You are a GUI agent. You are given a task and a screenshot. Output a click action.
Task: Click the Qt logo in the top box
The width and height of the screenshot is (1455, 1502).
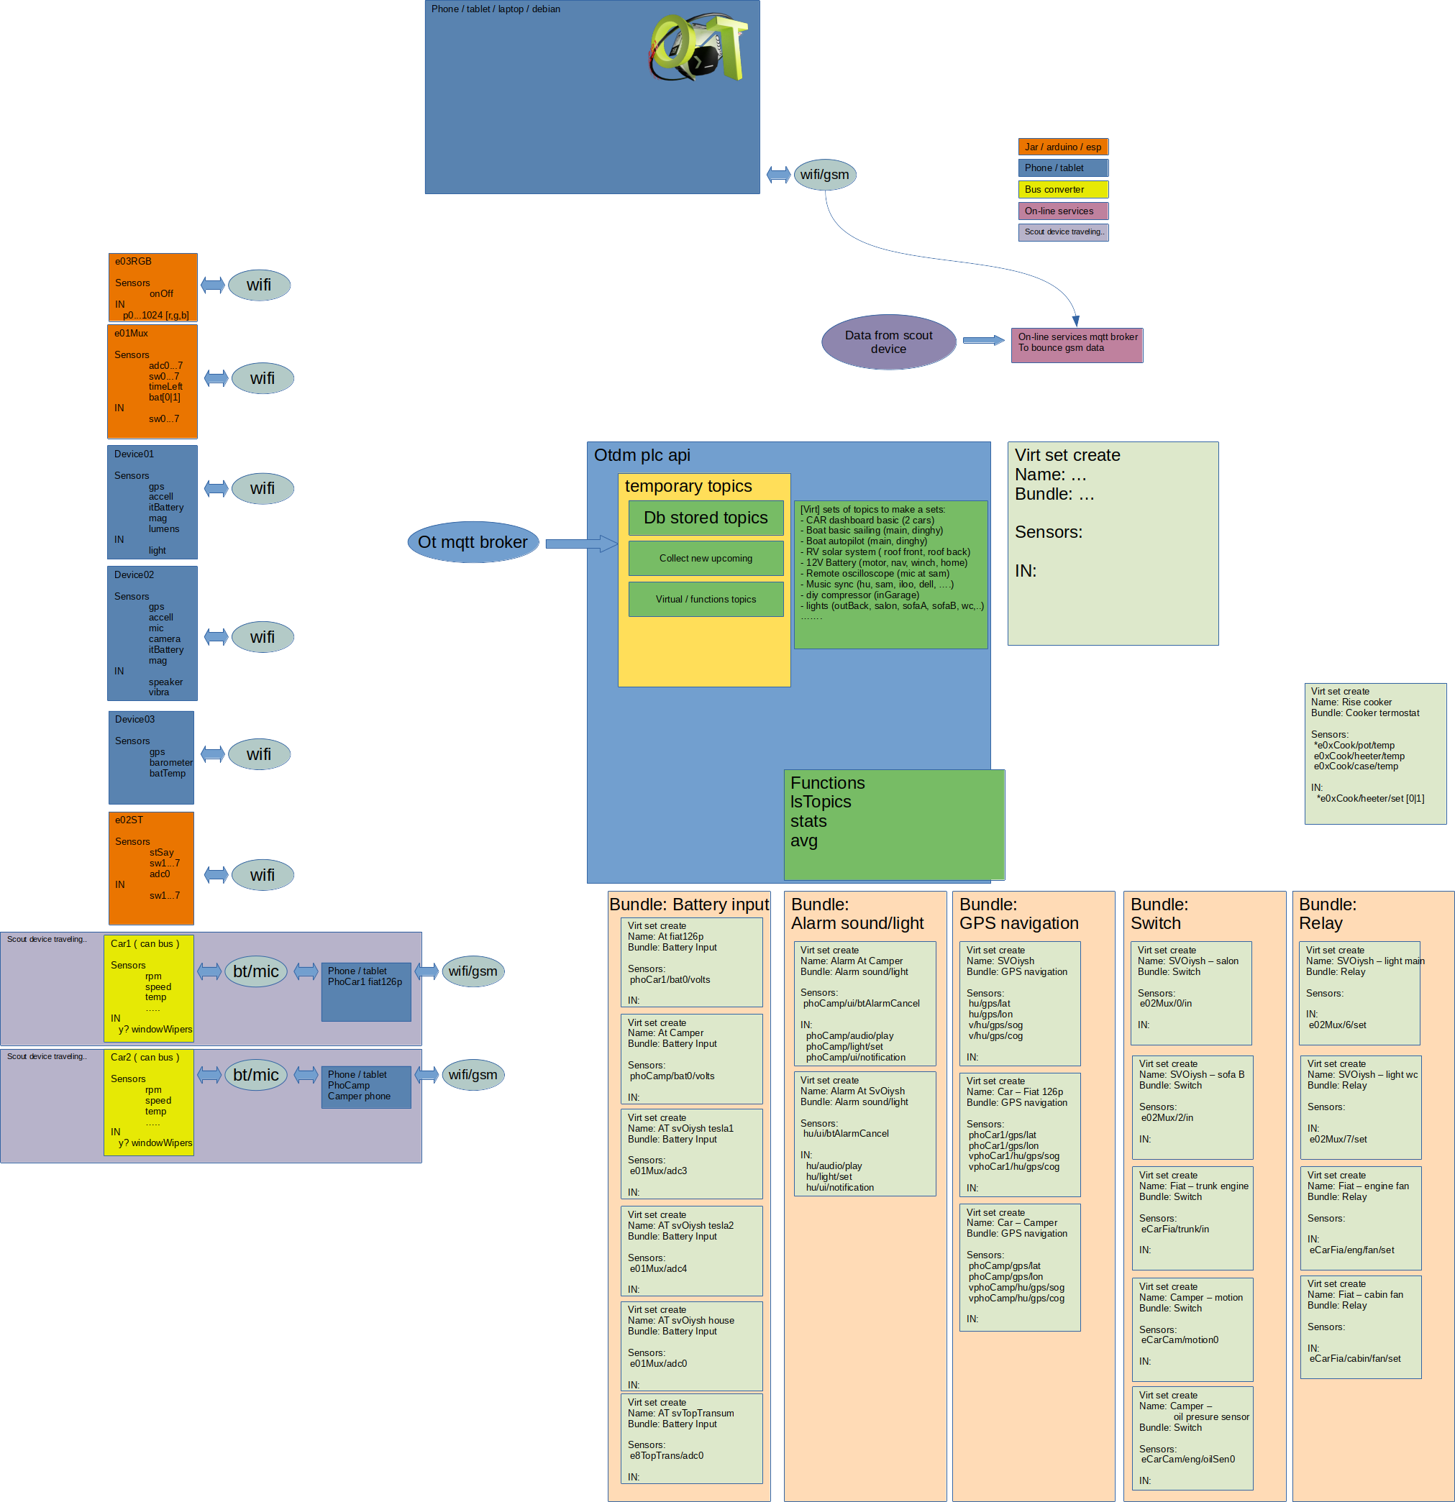(698, 47)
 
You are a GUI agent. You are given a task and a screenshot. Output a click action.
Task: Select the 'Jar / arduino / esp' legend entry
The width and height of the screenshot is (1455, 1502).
(1062, 147)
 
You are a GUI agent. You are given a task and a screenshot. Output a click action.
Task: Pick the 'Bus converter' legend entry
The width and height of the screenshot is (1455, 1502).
(1062, 189)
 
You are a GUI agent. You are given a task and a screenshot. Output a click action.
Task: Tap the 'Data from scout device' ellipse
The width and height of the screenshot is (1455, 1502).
(888, 342)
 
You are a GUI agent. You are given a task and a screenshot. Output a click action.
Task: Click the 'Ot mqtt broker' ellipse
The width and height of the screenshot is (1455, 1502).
(473, 543)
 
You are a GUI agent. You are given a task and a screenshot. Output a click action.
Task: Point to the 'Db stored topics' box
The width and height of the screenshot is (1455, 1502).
(706, 518)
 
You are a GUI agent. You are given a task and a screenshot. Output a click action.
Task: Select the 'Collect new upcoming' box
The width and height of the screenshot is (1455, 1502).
(706, 559)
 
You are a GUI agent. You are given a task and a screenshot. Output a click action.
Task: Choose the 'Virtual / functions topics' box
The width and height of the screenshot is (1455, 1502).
(706, 599)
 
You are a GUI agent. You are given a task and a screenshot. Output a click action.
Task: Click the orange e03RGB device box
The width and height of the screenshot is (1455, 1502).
(152, 288)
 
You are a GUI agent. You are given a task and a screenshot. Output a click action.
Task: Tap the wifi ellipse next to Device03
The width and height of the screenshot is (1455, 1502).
(259, 755)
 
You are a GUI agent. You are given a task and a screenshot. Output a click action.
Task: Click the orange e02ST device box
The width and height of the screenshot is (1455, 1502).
(151, 869)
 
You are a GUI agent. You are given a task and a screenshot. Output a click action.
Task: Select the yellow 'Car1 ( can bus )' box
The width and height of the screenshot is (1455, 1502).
(149, 988)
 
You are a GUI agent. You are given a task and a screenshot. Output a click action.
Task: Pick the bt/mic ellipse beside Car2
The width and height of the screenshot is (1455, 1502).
(256, 1075)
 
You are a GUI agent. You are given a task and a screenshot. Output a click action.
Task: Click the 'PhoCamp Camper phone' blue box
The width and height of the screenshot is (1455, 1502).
(365, 1086)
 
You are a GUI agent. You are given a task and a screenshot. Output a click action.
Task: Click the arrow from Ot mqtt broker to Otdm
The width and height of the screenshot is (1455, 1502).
(581, 544)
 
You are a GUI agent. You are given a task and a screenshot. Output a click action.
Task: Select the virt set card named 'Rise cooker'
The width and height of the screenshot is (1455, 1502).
(1375, 754)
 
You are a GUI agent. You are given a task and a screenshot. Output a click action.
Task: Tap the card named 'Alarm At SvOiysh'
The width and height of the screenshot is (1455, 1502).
(865, 1133)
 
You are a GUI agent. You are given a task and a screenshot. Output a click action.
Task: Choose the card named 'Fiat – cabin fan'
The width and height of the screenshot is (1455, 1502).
(1361, 1327)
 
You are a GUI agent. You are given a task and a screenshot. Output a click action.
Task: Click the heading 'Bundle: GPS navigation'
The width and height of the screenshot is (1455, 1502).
(1019, 913)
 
